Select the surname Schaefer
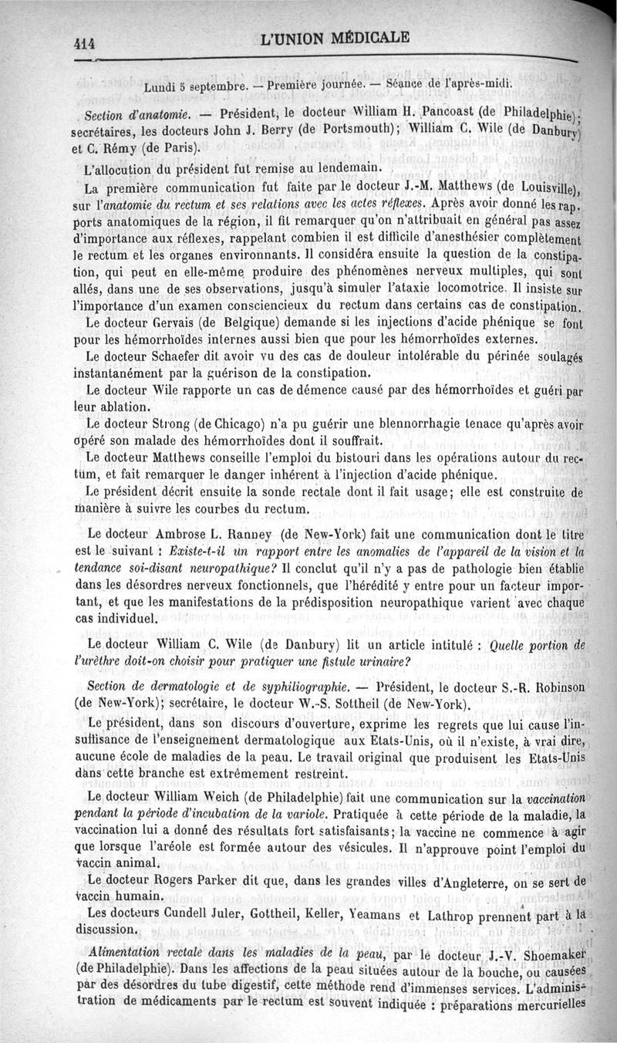[x=177, y=356]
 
